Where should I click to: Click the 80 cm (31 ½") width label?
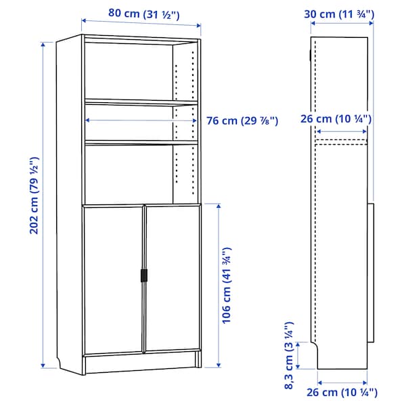[x=141, y=13]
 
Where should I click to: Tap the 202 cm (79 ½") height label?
[x=34, y=196]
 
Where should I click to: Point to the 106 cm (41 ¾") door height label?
[x=227, y=284]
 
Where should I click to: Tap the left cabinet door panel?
[x=113, y=277]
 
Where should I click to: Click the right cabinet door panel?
[x=172, y=277]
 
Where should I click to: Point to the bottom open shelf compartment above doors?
[x=129, y=173]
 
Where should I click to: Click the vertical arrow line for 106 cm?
[x=217, y=284]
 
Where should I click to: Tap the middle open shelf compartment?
[x=129, y=122]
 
